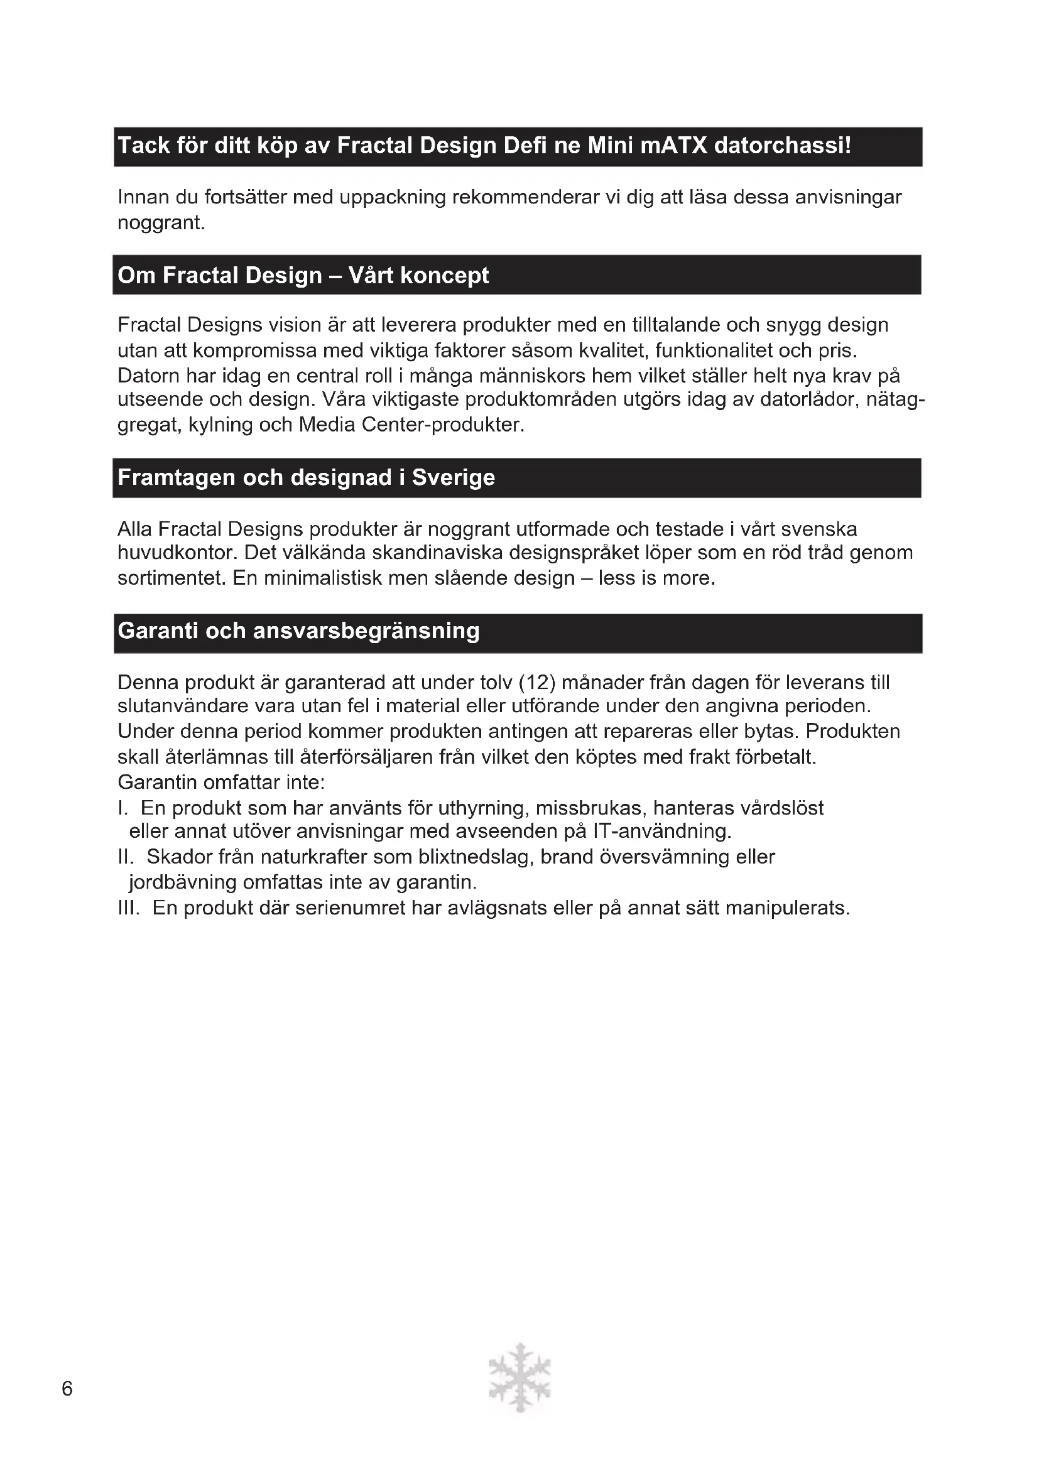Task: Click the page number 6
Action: pos(67,1389)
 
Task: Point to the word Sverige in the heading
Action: pos(453,478)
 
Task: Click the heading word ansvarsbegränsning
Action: pos(367,631)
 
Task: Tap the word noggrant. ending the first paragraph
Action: pos(161,224)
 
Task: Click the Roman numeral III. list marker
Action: pos(129,909)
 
